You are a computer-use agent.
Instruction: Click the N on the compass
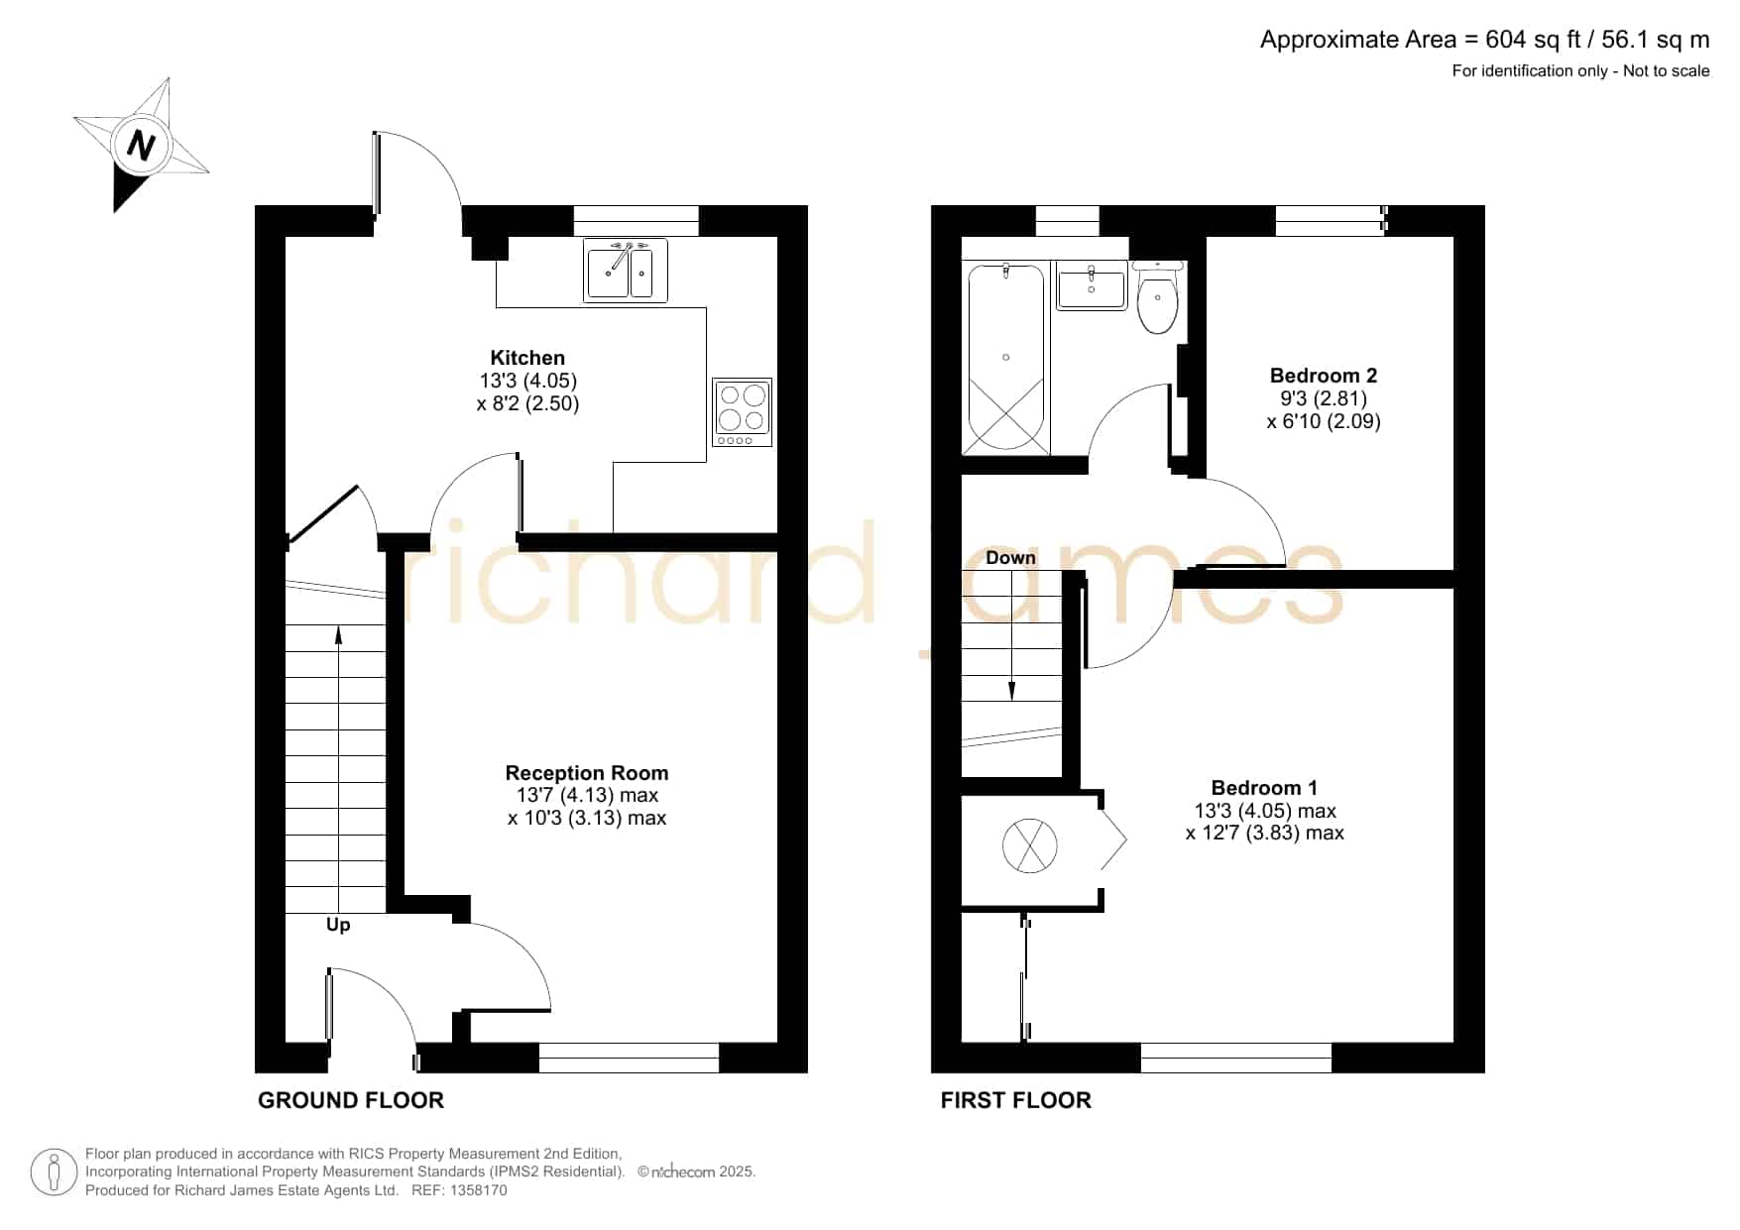[141, 146]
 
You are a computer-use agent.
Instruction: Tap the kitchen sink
[626, 270]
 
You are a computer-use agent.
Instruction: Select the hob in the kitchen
[742, 411]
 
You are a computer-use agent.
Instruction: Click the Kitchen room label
[527, 358]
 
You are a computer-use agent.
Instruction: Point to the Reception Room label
[587, 773]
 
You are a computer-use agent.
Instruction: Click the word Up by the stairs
[338, 925]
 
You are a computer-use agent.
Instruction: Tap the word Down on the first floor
[1010, 558]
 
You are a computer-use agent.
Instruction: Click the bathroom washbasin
[1092, 285]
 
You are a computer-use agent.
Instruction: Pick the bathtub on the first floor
[1005, 359]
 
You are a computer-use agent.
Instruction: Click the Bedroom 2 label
[1324, 376]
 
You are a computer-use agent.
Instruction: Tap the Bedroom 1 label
[1264, 788]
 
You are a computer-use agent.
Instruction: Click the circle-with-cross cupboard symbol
[1030, 846]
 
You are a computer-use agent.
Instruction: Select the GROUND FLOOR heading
[351, 1100]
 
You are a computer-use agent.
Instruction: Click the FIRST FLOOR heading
[1016, 1100]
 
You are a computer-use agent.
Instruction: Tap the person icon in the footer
[54, 1173]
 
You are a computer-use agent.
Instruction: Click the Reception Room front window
[629, 1058]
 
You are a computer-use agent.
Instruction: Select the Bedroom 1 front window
[1236, 1058]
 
